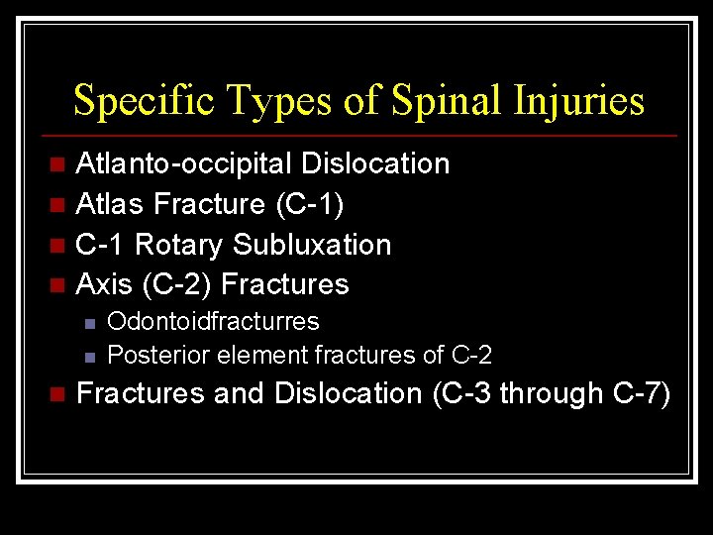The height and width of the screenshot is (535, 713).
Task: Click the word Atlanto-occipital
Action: point(185,163)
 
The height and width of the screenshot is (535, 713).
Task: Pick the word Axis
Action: point(104,285)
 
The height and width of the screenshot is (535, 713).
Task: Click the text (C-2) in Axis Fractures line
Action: point(177,285)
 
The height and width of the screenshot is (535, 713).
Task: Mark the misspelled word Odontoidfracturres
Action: point(213,322)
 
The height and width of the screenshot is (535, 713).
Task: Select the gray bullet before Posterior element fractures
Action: point(89,355)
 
